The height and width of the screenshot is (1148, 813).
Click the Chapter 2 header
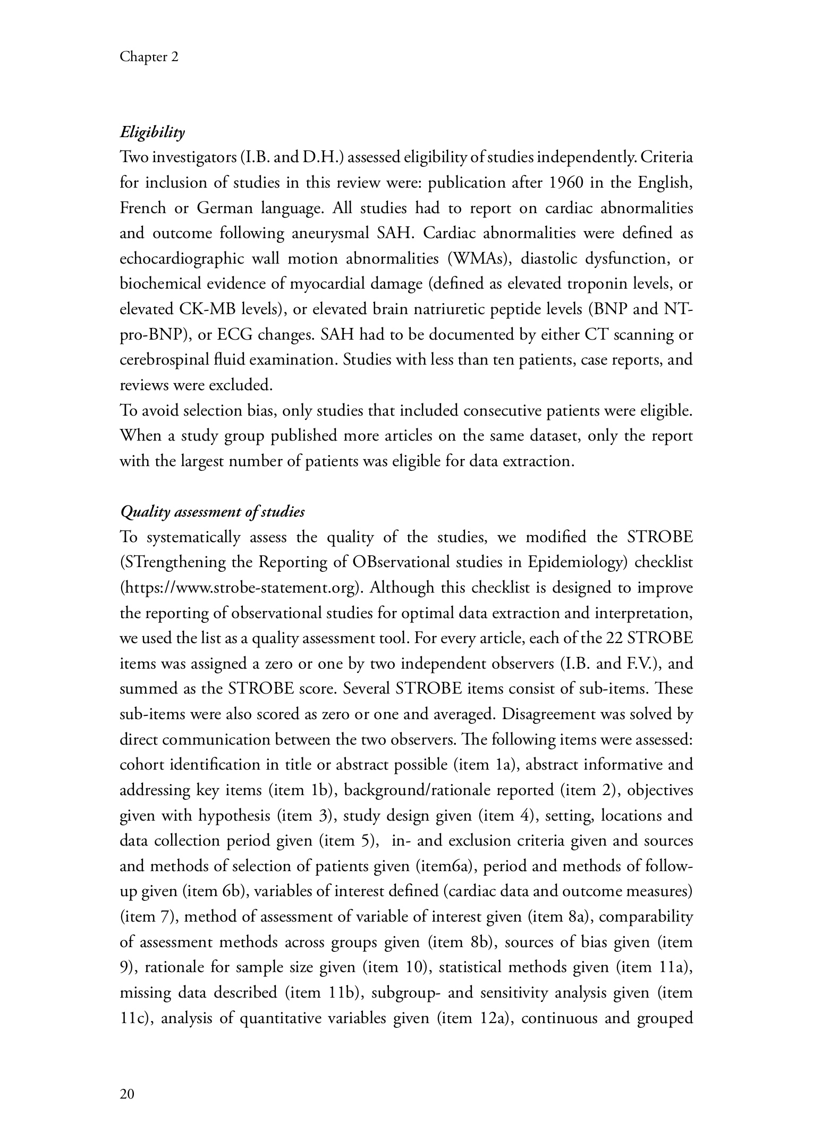click(149, 57)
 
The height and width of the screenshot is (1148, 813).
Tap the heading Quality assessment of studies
click(213, 512)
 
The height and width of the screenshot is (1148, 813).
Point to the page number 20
click(127, 1094)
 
